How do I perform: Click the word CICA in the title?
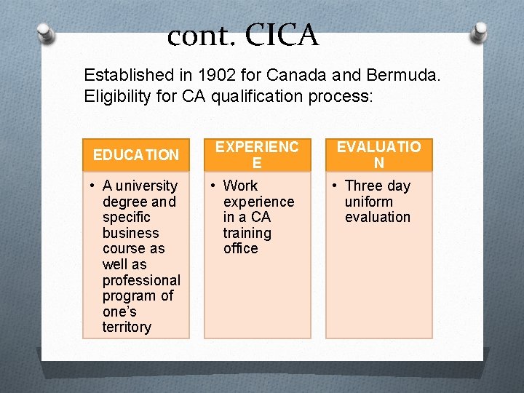282,35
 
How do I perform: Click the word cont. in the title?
201,36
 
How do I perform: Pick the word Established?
125,75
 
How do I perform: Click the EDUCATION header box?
136,154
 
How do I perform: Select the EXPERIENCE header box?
257,154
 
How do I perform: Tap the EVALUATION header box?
378,154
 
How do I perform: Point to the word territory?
127,327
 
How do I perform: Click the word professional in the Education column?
141,280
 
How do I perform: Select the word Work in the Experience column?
240,186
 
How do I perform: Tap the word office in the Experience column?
240,248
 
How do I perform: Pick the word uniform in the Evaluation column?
368,202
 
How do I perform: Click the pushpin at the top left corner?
47,33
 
